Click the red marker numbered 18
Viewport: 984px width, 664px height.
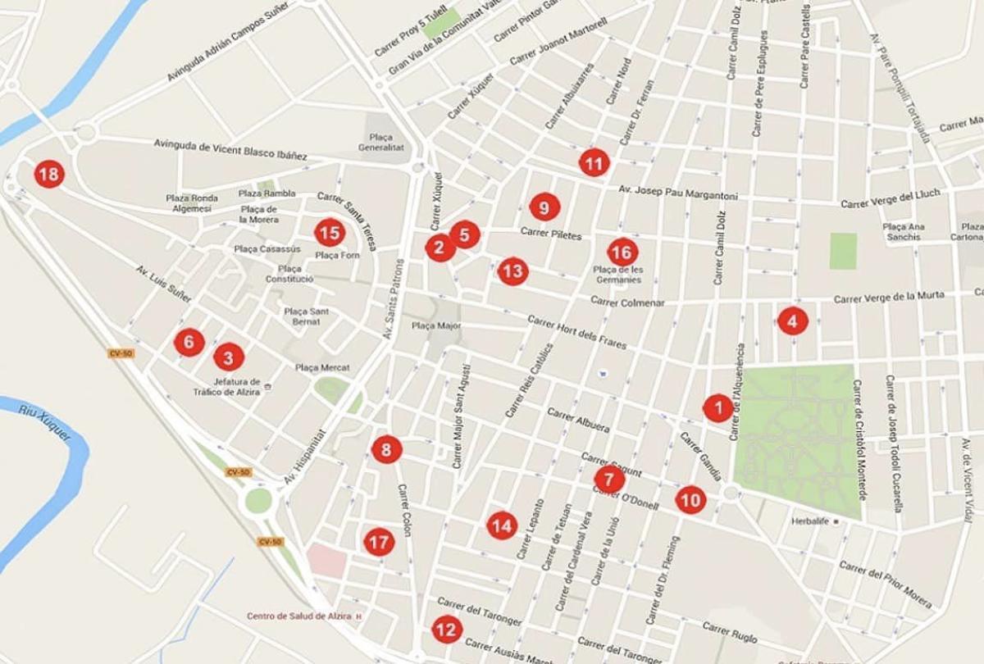coord(49,174)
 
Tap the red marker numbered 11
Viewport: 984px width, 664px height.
coord(594,163)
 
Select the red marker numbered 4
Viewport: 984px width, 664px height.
coord(792,321)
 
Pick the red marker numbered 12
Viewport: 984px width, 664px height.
coord(446,630)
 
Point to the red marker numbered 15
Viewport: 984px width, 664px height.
coord(329,233)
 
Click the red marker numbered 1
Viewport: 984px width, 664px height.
coord(718,407)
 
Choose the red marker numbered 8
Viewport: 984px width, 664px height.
coord(386,449)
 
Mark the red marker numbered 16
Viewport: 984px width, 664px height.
coord(622,252)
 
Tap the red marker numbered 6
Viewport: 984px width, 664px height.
coord(189,342)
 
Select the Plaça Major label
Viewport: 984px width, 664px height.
coord(436,326)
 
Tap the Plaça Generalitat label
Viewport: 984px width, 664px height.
coord(376,143)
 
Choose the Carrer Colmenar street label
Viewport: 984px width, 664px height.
coord(627,302)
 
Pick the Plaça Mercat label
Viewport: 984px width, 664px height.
coord(322,368)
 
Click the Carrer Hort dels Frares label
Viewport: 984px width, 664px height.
coord(577,331)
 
